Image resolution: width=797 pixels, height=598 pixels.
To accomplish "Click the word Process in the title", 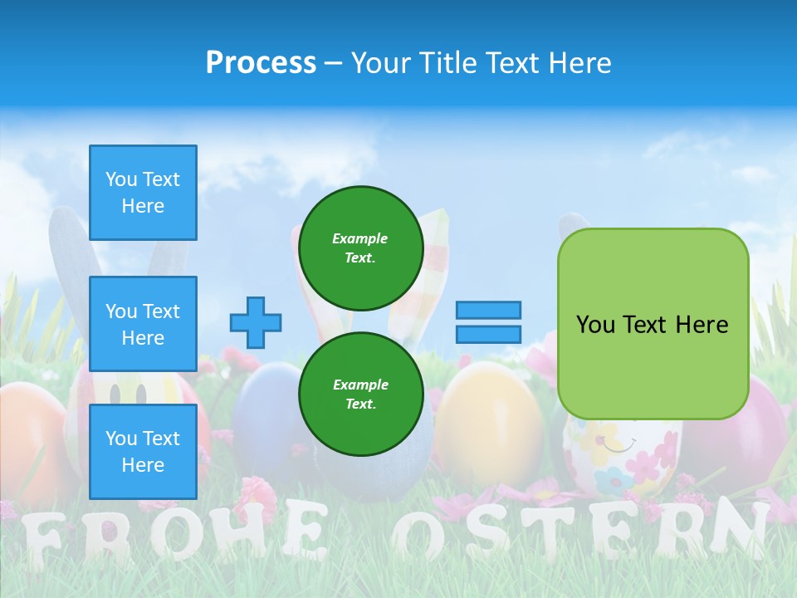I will pyautogui.click(x=261, y=63).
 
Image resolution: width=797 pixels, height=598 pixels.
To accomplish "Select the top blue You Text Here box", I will pyautogui.click(x=143, y=193).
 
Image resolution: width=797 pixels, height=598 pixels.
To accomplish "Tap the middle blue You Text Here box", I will pyautogui.click(x=143, y=324).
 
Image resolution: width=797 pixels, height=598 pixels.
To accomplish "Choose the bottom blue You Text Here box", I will pyautogui.click(x=143, y=451).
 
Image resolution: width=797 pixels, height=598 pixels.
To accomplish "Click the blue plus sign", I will pyautogui.click(x=256, y=322).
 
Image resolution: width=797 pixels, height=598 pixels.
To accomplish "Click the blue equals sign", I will pyautogui.click(x=488, y=322).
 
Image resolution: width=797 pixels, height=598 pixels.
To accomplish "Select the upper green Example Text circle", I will pyautogui.click(x=361, y=248).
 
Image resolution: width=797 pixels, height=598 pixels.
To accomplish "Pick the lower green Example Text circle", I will pyautogui.click(x=361, y=394).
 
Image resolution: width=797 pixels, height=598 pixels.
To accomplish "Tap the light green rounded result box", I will pyautogui.click(x=653, y=324).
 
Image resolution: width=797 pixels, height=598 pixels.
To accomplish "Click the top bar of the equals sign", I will pyautogui.click(x=488, y=311).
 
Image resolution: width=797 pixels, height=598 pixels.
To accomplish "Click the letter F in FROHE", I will pyautogui.click(x=42, y=537).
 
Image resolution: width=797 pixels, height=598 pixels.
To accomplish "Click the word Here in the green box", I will pyautogui.click(x=702, y=325).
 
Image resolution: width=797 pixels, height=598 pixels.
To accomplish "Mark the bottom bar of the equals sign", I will pyautogui.click(x=488, y=334).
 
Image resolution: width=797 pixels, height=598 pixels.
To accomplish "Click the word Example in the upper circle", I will pyautogui.click(x=360, y=238).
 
